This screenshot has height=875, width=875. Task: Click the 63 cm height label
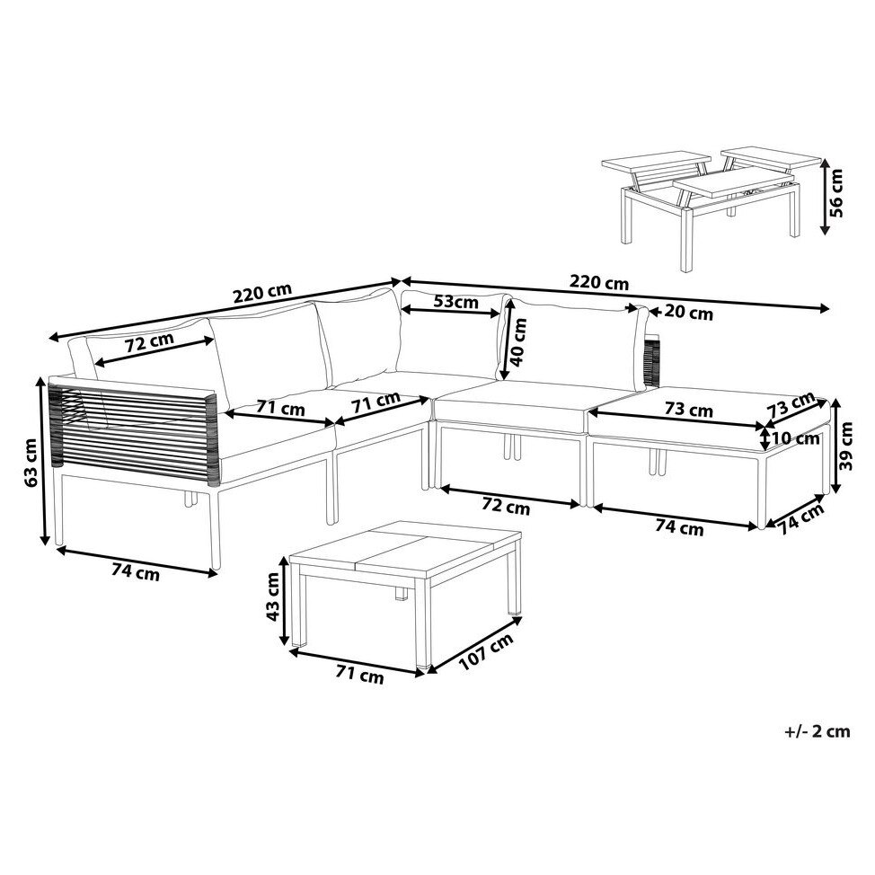pyautogui.click(x=31, y=461)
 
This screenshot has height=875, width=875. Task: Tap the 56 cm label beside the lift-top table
pyautogui.click(x=835, y=193)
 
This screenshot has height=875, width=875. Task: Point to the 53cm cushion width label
pyautogui.click(x=455, y=302)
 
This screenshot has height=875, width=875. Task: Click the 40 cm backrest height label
pyautogui.click(x=518, y=342)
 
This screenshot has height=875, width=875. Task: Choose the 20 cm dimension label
pyautogui.click(x=689, y=314)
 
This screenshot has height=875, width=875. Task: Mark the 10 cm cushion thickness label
pyautogui.click(x=795, y=439)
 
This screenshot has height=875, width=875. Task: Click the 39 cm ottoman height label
pyautogui.click(x=846, y=446)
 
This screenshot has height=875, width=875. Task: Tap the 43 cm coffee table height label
pyautogui.click(x=273, y=597)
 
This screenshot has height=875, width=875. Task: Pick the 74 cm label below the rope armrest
pyautogui.click(x=136, y=572)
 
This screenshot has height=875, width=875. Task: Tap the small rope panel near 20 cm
pyautogui.click(x=651, y=360)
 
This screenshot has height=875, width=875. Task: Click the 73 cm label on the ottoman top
pyautogui.click(x=689, y=410)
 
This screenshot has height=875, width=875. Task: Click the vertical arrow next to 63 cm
pyautogui.click(x=43, y=461)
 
